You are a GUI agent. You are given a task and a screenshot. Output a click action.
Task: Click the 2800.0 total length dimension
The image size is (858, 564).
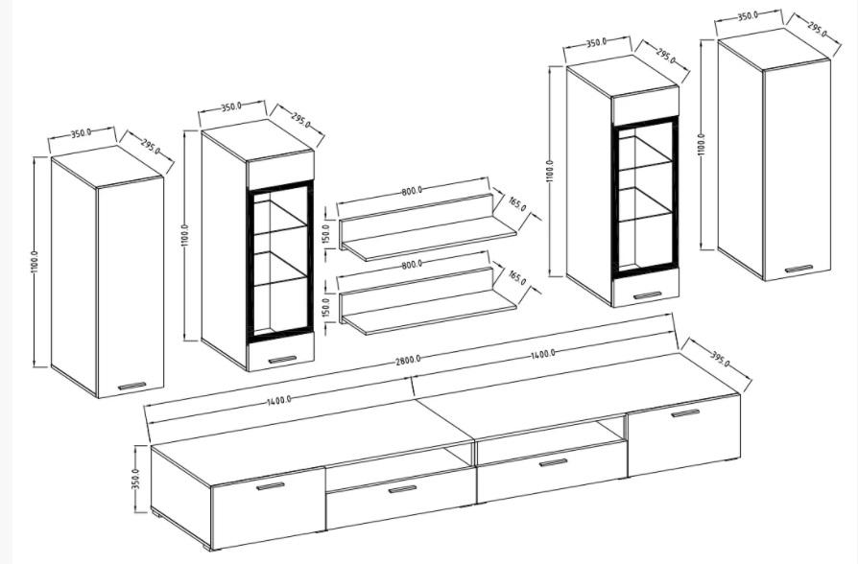point(408,360)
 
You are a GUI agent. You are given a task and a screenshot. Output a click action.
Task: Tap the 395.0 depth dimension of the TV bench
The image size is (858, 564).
point(720,360)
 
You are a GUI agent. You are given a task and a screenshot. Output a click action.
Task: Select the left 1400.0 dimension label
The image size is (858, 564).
point(279,400)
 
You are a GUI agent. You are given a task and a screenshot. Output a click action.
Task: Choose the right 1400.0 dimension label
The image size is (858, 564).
point(542,354)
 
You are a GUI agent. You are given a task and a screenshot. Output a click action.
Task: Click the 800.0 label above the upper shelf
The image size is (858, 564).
point(412,191)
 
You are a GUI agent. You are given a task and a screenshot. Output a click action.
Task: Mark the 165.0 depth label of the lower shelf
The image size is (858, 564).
point(517,277)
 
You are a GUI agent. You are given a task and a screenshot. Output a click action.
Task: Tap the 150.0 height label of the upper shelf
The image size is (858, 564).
point(326,234)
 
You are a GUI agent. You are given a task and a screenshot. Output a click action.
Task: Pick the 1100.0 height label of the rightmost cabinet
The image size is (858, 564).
point(702,145)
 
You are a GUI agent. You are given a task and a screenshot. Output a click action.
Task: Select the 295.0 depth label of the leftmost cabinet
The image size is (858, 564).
point(150,147)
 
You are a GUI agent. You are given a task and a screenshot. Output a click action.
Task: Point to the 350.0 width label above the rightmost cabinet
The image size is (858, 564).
point(748,16)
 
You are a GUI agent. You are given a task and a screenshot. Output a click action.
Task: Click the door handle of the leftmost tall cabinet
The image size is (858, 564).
point(131,387)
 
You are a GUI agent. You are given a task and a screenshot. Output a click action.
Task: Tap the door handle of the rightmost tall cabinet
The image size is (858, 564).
point(798,269)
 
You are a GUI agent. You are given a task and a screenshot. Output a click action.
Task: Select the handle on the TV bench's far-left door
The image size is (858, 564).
point(271,486)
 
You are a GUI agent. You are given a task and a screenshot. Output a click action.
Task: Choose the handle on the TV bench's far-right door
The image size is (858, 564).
point(685,413)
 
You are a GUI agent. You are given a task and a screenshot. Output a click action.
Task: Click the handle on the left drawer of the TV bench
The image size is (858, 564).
point(402,489)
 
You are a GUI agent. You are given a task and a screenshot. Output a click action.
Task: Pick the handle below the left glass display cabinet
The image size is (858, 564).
point(282,360)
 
